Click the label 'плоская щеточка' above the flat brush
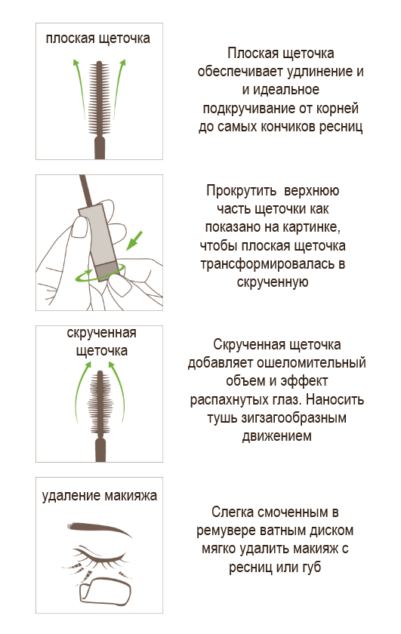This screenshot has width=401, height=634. tap(98, 38)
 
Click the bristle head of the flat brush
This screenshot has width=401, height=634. tap(99, 97)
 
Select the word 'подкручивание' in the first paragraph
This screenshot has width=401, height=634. tap(249, 109)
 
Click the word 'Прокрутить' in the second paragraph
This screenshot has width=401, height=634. tap(242, 190)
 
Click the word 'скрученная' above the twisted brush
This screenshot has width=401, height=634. tap(101, 333)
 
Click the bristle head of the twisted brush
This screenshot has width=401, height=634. tap(100, 403)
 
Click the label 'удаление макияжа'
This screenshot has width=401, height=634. tap(100, 496)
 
